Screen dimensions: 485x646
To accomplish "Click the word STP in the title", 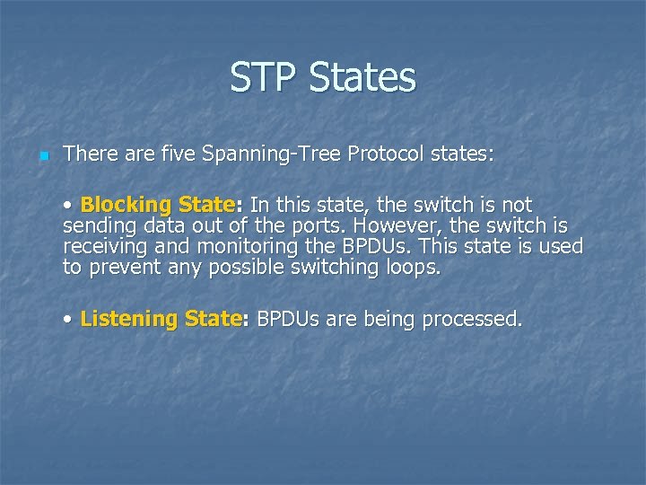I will (x=265, y=77).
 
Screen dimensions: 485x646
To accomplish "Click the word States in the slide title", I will (x=362, y=77).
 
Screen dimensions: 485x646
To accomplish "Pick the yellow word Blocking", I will (x=127, y=205).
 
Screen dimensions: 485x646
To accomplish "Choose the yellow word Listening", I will (x=128, y=318).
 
